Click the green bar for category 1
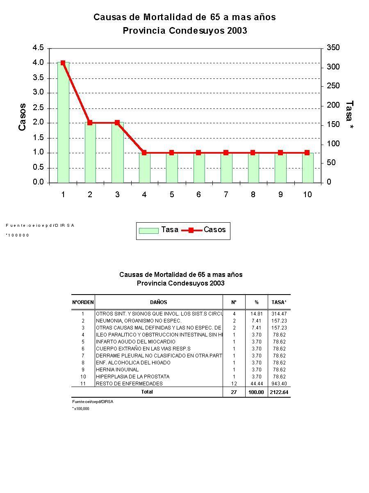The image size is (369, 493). tap(63, 123)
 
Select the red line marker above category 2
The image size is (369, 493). tap(90, 122)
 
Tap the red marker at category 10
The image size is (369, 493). tap(307, 152)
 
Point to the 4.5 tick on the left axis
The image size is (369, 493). tap(38, 48)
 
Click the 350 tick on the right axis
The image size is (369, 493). tap(333, 48)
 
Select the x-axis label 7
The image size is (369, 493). tap(226, 194)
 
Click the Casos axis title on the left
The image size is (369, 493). tap(22, 117)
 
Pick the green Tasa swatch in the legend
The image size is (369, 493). tap(148, 230)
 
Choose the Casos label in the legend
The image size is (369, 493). tap(214, 230)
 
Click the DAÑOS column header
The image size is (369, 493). tap(158, 302)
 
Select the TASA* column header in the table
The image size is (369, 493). tap(279, 302)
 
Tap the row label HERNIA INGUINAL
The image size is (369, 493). tap(117, 370)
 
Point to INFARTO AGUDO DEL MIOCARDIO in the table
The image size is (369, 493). tap(135, 342)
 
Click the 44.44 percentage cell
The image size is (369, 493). tap(256, 384)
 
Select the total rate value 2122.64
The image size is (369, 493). tap(279, 392)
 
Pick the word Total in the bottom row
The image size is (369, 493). tap(147, 392)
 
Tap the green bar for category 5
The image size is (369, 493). tap(172, 168)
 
